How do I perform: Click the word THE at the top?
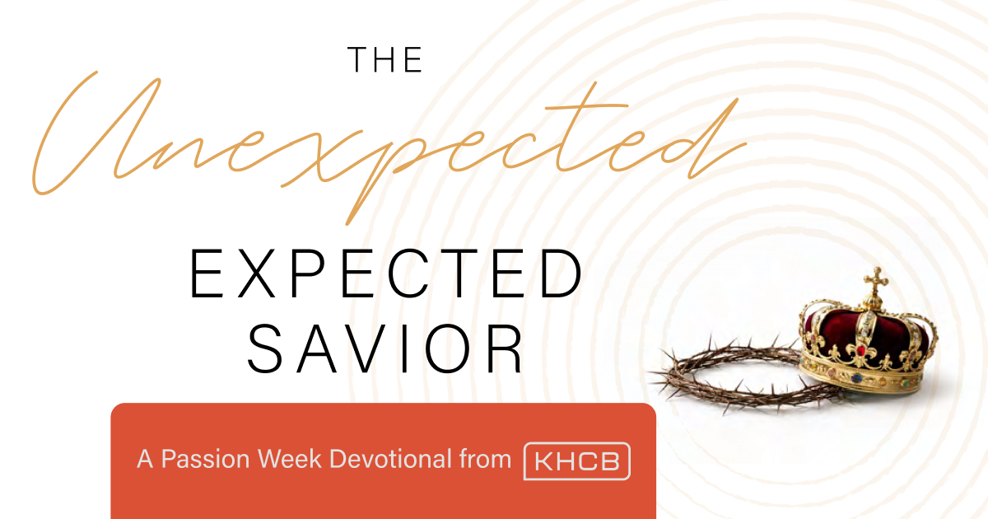point(385,59)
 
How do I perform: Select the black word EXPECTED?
point(386,274)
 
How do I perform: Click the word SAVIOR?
point(385,349)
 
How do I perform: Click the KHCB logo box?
point(577,461)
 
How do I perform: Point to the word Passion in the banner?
point(205,460)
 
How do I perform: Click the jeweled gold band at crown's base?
point(862,375)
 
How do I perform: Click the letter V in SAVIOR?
point(367,349)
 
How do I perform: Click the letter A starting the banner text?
point(145,459)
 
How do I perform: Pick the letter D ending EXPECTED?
point(561,274)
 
